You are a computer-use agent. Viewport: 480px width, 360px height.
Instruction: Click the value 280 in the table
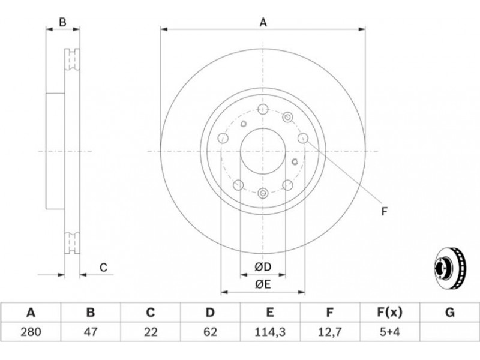pos(31,332)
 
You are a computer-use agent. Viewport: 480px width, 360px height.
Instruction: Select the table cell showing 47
pos(91,332)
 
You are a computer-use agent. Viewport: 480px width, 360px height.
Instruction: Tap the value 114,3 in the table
pos(270,332)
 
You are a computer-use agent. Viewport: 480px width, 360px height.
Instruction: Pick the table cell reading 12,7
pos(329,332)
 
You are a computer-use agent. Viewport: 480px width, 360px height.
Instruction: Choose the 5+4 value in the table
pos(389,332)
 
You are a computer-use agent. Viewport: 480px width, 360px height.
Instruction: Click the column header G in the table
pos(449,313)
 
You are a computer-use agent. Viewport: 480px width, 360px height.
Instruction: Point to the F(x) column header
pos(389,313)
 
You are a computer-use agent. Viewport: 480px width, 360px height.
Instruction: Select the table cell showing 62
pos(211,332)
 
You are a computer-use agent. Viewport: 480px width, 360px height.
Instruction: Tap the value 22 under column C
pos(151,332)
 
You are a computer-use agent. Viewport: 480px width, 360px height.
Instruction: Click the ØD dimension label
pos(263,267)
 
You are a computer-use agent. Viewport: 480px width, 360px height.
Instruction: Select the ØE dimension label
pos(263,284)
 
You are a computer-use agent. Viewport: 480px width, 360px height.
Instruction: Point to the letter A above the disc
pos(263,22)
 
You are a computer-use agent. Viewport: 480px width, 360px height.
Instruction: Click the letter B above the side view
pos(62,22)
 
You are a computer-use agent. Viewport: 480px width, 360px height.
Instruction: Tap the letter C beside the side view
pos(103,268)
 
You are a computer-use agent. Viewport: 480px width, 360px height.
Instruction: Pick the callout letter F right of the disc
pos(385,211)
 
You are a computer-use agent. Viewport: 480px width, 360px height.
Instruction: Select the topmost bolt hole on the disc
pos(263,109)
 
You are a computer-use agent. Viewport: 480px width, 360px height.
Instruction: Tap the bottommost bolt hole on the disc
pos(263,193)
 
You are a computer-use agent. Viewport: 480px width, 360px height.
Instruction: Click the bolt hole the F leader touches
pos(303,138)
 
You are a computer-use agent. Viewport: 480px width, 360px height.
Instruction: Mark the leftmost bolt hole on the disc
pos(223,138)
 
